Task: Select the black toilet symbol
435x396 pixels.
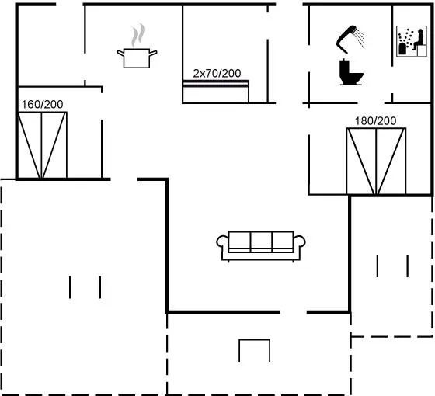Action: click(x=351, y=72)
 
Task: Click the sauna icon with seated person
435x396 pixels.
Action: click(x=412, y=41)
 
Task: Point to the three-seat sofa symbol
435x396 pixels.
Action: click(x=261, y=246)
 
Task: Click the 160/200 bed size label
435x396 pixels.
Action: click(x=43, y=105)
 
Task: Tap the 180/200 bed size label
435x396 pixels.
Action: click(x=376, y=121)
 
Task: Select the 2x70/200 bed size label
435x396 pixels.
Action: click(x=217, y=74)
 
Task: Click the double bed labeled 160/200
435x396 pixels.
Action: click(x=43, y=145)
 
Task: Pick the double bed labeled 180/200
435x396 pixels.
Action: click(x=376, y=162)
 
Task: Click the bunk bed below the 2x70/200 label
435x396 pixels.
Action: click(x=216, y=92)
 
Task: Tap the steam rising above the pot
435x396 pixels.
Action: click(x=138, y=35)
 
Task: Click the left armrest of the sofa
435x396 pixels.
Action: click(x=222, y=241)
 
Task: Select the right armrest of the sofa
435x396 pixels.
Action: click(x=299, y=241)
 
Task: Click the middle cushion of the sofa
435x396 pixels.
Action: click(x=261, y=241)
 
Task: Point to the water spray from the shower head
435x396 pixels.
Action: click(x=360, y=38)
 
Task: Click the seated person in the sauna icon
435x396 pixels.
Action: click(x=419, y=40)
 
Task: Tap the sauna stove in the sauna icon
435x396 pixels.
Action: click(x=402, y=49)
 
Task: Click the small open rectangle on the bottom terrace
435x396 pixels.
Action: click(x=255, y=350)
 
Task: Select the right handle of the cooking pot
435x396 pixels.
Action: click(x=154, y=53)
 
